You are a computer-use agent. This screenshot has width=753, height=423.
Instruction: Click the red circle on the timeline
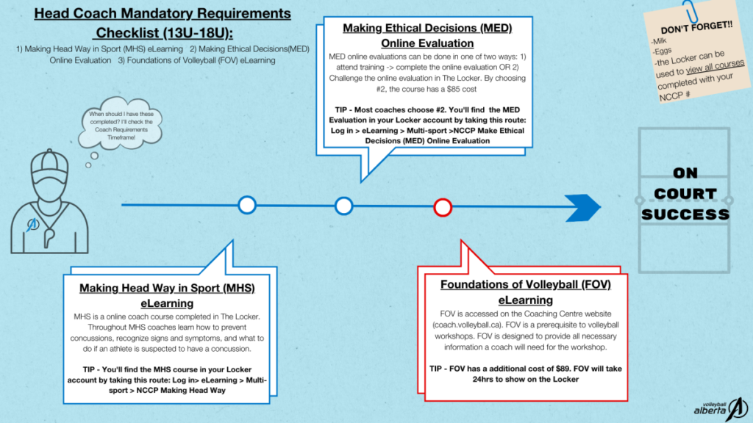442,199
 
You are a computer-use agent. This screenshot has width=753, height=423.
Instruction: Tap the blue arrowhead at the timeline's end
582,208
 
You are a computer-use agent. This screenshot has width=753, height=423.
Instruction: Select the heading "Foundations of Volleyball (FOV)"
525,284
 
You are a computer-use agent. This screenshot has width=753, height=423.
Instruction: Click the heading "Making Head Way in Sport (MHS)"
167,288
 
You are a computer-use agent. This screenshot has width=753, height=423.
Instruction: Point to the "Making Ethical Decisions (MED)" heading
427,28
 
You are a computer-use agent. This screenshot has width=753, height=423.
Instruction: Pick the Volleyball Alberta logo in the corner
721,409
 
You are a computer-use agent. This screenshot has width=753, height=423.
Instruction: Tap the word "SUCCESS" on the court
685,214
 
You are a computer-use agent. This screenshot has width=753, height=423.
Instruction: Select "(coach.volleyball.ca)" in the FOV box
467,325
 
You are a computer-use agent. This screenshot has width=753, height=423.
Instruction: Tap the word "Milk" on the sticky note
660,42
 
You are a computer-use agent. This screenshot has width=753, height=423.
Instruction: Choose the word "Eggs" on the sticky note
663,51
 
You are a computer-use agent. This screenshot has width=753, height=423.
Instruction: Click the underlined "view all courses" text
715,67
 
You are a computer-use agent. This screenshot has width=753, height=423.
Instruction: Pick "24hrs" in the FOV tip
485,380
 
